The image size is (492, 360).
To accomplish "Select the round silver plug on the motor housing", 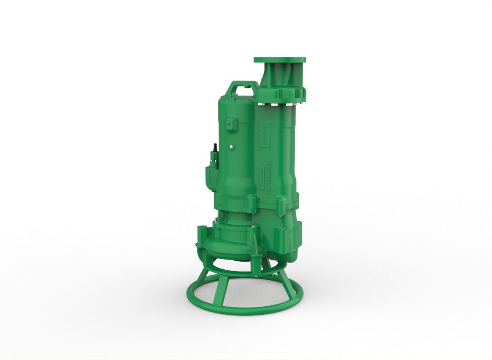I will point(232,147).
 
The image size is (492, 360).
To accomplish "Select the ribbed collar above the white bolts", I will point(282,93).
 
